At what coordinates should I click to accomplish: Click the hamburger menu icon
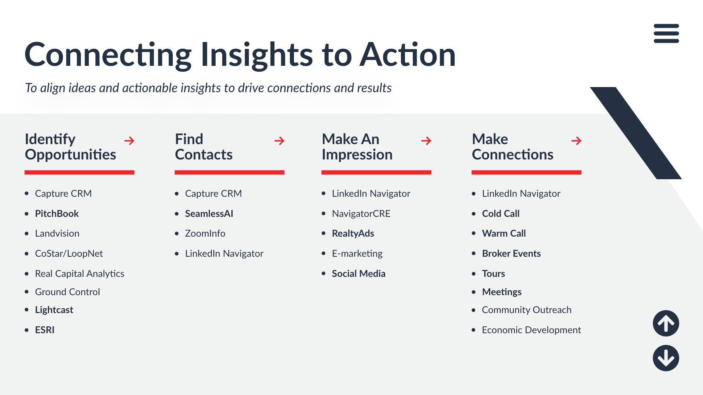666,33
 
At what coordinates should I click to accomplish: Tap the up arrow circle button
666,323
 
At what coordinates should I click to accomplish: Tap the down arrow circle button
666,358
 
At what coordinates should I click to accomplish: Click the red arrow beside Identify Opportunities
129,141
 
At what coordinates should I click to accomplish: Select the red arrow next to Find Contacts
279,141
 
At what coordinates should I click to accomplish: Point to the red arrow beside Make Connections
576,141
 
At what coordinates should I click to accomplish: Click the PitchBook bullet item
57,214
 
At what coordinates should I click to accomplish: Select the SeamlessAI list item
209,214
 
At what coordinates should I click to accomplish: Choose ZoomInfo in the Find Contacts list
205,233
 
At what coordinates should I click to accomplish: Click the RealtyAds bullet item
353,233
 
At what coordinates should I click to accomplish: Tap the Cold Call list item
501,214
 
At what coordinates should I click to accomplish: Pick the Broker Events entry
511,253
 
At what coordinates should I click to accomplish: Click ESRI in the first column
45,330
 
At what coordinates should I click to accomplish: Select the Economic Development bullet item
531,330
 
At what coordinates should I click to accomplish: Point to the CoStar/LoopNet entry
69,253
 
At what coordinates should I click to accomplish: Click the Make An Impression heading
357,147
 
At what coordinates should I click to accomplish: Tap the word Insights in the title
257,55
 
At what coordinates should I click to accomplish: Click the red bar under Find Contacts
230,172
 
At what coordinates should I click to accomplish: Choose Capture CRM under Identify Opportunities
63,193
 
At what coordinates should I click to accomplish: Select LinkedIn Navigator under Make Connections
521,193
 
